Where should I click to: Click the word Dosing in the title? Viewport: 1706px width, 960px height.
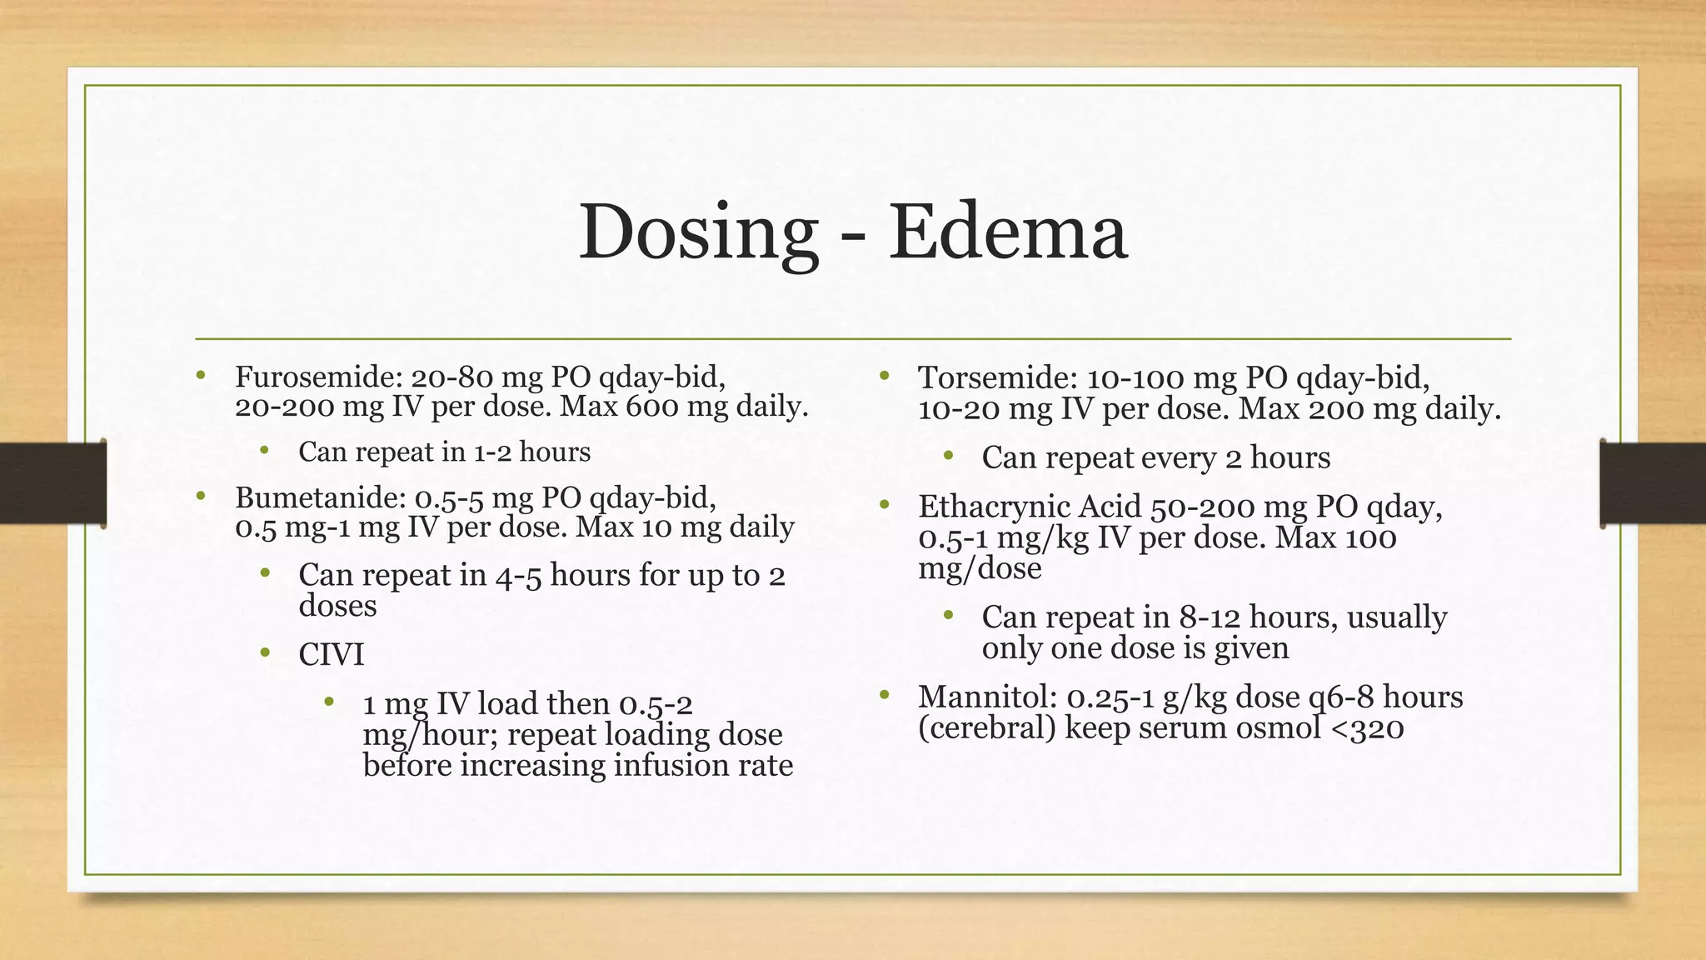[x=698, y=233]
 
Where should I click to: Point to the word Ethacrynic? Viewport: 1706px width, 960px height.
[x=990, y=507]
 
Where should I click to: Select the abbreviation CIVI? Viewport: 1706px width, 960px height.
[x=332, y=655]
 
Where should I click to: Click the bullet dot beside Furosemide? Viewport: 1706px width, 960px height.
[x=201, y=376]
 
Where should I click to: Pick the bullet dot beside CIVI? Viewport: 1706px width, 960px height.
[x=265, y=652]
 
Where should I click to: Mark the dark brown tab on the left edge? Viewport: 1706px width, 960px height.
[x=52, y=483]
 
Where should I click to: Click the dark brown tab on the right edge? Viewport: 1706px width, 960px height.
[x=1653, y=483]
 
